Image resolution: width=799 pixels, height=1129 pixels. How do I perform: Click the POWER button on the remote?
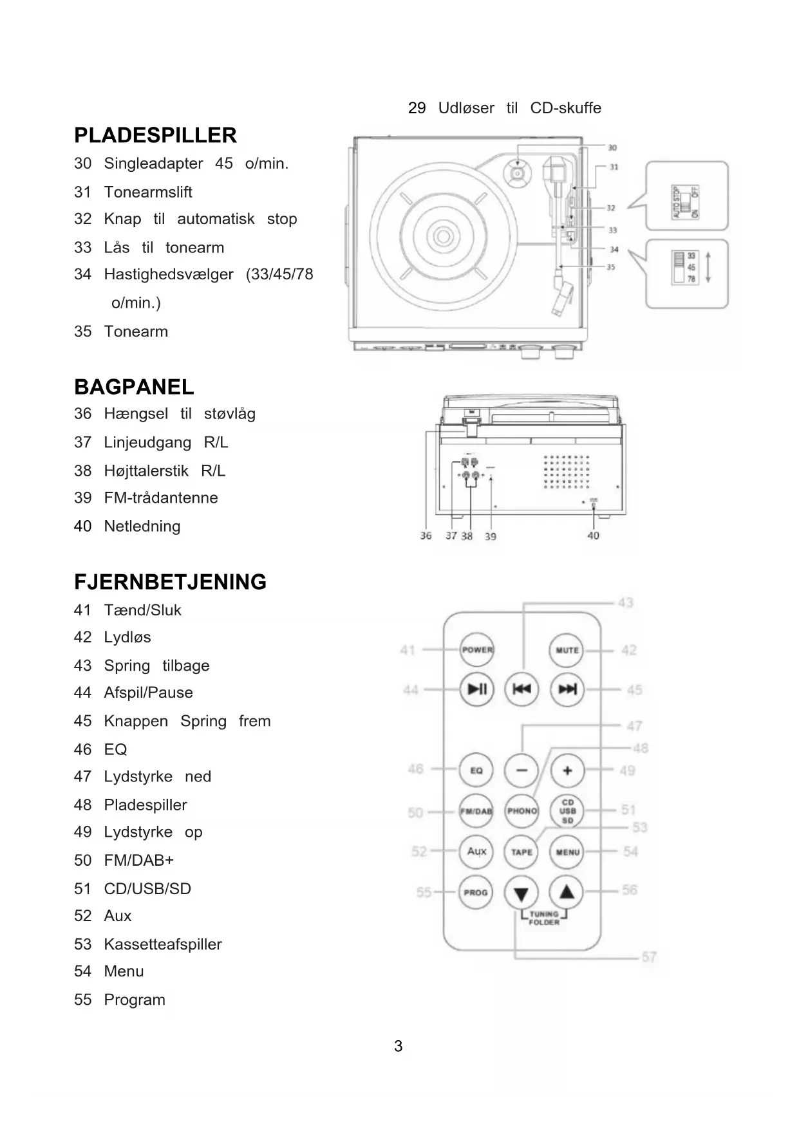click(x=476, y=650)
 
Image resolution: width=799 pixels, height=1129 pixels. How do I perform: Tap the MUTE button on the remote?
click(x=567, y=650)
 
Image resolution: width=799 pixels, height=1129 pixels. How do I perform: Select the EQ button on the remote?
click(x=476, y=770)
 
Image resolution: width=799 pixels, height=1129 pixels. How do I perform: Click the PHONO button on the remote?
click(x=522, y=811)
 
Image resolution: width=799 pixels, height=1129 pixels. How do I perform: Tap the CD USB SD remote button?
click(x=567, y=811)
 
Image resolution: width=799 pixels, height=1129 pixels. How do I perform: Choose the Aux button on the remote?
click(x=476, y=852)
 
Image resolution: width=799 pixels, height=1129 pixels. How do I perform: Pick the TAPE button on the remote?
click(x=522, y=852)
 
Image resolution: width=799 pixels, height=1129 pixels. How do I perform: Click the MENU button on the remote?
click(x=567, y=852)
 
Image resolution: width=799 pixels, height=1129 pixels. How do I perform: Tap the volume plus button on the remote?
click(x=567, y=770)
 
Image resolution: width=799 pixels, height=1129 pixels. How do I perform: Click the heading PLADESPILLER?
click(x=155, y=135)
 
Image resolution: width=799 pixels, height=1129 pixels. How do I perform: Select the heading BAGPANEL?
click(x=134, y=387)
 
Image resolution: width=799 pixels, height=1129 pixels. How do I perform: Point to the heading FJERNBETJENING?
click(x=170, y=582)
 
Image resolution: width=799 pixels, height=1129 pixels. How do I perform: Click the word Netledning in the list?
click(x=142, y=527)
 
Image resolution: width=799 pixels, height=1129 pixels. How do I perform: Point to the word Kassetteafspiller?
click(x=163, y=944)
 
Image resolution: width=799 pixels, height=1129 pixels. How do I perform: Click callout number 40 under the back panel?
click(x=593, y=536)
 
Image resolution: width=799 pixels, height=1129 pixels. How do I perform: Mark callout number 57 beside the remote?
click(x=649, y=957)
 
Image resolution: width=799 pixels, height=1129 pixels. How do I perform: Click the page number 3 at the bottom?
click(x=399, y=1046)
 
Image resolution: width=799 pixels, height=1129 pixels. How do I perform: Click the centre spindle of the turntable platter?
click(x=443, y=236)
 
